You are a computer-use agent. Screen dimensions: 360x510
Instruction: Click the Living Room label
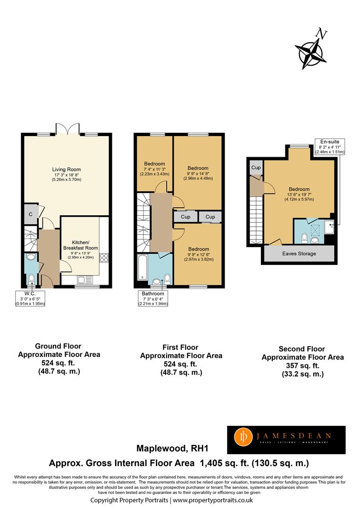[x=67, y=174]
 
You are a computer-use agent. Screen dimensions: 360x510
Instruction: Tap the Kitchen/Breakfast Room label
[x=81, y=249]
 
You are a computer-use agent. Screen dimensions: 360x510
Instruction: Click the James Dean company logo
[x=286, y=440]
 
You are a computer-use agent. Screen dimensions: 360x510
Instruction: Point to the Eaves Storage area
[x=299, y=254]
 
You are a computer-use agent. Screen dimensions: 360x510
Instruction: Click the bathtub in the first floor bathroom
[x=142, y=267]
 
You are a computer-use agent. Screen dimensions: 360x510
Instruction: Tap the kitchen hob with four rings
[x=104, y=258]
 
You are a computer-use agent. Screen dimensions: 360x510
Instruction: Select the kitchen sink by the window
[x=85, y=280]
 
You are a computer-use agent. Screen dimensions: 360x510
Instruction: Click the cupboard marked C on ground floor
[x=31, y=214]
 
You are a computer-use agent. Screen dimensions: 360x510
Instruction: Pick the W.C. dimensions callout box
[x=30, y=298]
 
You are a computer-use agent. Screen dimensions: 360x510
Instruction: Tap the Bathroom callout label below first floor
[x=153, y=298]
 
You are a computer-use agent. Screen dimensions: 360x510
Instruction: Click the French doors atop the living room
[x=67, y=129]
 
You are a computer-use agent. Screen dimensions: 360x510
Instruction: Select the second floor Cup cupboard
[x=256, y=168]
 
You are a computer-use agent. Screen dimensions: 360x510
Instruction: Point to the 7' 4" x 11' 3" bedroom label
[x=155, y=169]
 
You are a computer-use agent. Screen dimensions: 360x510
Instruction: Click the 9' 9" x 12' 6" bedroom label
[x=199, y=255]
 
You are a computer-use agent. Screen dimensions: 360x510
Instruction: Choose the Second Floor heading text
[x=302, y=349]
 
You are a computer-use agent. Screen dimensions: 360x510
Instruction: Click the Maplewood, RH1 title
[x=172, y=449]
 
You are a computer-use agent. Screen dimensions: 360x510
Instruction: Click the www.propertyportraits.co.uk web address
[x=213, y=500]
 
